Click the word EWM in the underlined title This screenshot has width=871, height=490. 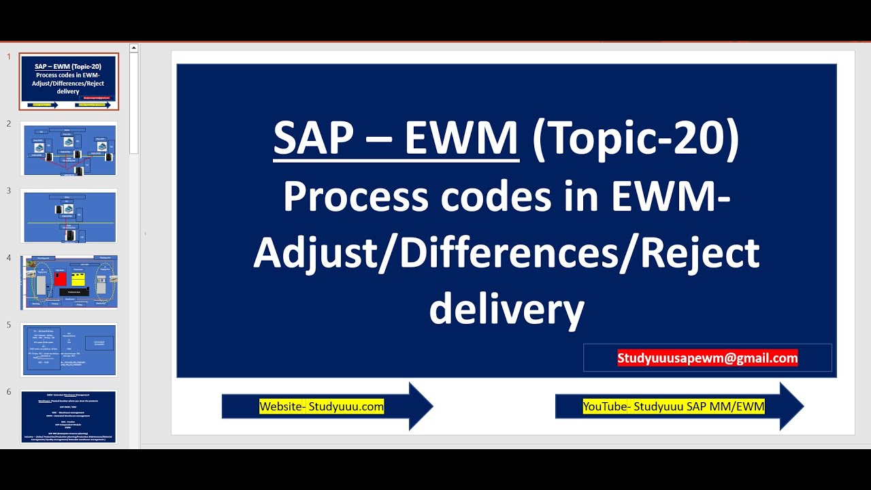(461, 139)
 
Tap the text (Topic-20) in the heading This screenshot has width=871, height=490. (636, 140)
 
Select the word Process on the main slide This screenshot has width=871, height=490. (356, 197)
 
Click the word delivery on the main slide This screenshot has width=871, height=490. (506, 309)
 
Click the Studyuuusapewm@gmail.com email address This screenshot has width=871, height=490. (707, 358)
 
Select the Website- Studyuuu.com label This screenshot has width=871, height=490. (321, 407)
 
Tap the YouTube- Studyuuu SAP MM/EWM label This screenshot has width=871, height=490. (673, 407)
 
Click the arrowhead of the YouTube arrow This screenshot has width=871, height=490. (791, 406)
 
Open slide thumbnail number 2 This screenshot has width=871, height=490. (69, 149)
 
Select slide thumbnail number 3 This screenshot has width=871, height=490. (69, 216)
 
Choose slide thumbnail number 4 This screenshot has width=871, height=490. (69, 282)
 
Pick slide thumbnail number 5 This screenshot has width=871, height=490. (69, 349)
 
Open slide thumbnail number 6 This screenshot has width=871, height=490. (69, 416)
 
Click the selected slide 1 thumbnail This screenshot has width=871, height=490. (69, 82)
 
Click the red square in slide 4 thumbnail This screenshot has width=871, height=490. (61, 278)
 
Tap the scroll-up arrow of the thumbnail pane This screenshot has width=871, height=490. (133, 48)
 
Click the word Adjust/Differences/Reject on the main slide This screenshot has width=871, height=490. (506, 253)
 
